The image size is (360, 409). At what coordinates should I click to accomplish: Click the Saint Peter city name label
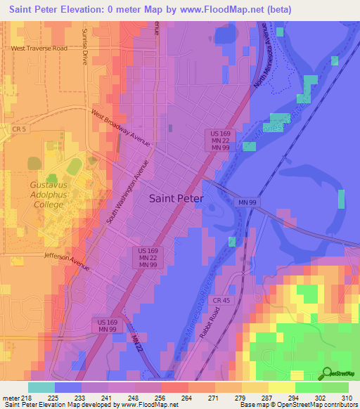(176, 198)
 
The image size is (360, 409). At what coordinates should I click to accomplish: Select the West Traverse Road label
(39, 48)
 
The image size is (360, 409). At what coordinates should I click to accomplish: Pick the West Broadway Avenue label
(120, 127)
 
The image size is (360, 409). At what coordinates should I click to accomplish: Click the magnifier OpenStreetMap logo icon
(326, 373)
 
